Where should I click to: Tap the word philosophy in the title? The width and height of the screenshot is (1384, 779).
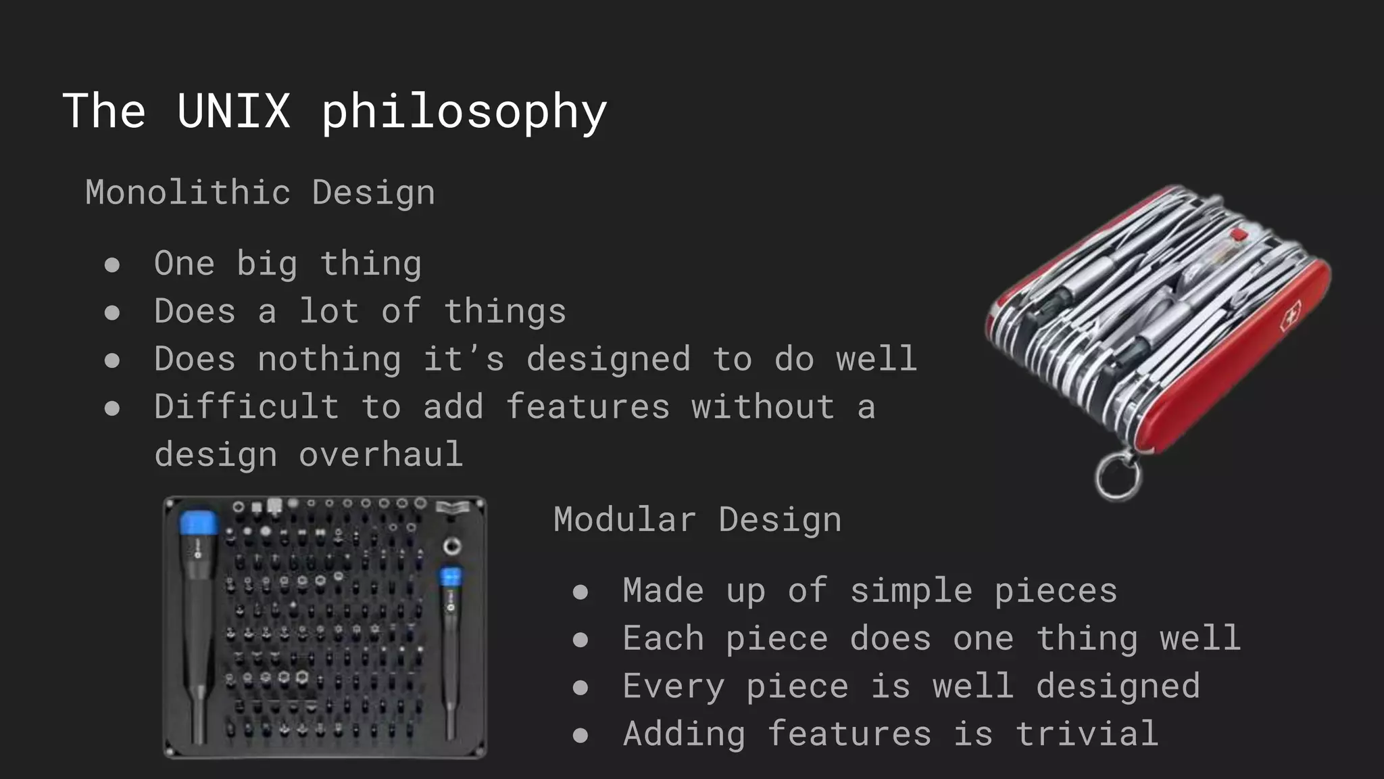coord(464,112)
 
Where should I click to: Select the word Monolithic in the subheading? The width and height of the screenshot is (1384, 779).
coord(188,192)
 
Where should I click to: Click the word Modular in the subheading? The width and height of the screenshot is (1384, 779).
coord(624,519)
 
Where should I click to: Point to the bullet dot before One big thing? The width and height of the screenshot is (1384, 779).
coord(112,264)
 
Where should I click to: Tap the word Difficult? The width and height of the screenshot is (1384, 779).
coord(246,406)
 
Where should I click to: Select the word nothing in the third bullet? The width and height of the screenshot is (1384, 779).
coord(329,358)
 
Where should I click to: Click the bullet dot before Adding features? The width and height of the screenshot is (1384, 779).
coord(580,735)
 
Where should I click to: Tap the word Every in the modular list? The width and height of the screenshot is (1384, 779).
coord(673,686)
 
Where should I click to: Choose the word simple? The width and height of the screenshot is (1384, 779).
coord(911,590)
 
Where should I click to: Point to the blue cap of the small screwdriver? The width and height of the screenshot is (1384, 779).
coord(450,577)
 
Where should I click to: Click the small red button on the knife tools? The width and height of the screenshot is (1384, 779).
coord(1239,235)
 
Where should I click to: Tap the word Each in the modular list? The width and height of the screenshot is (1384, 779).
coord(663,638)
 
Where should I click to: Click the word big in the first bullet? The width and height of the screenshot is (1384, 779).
coord(267,264)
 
